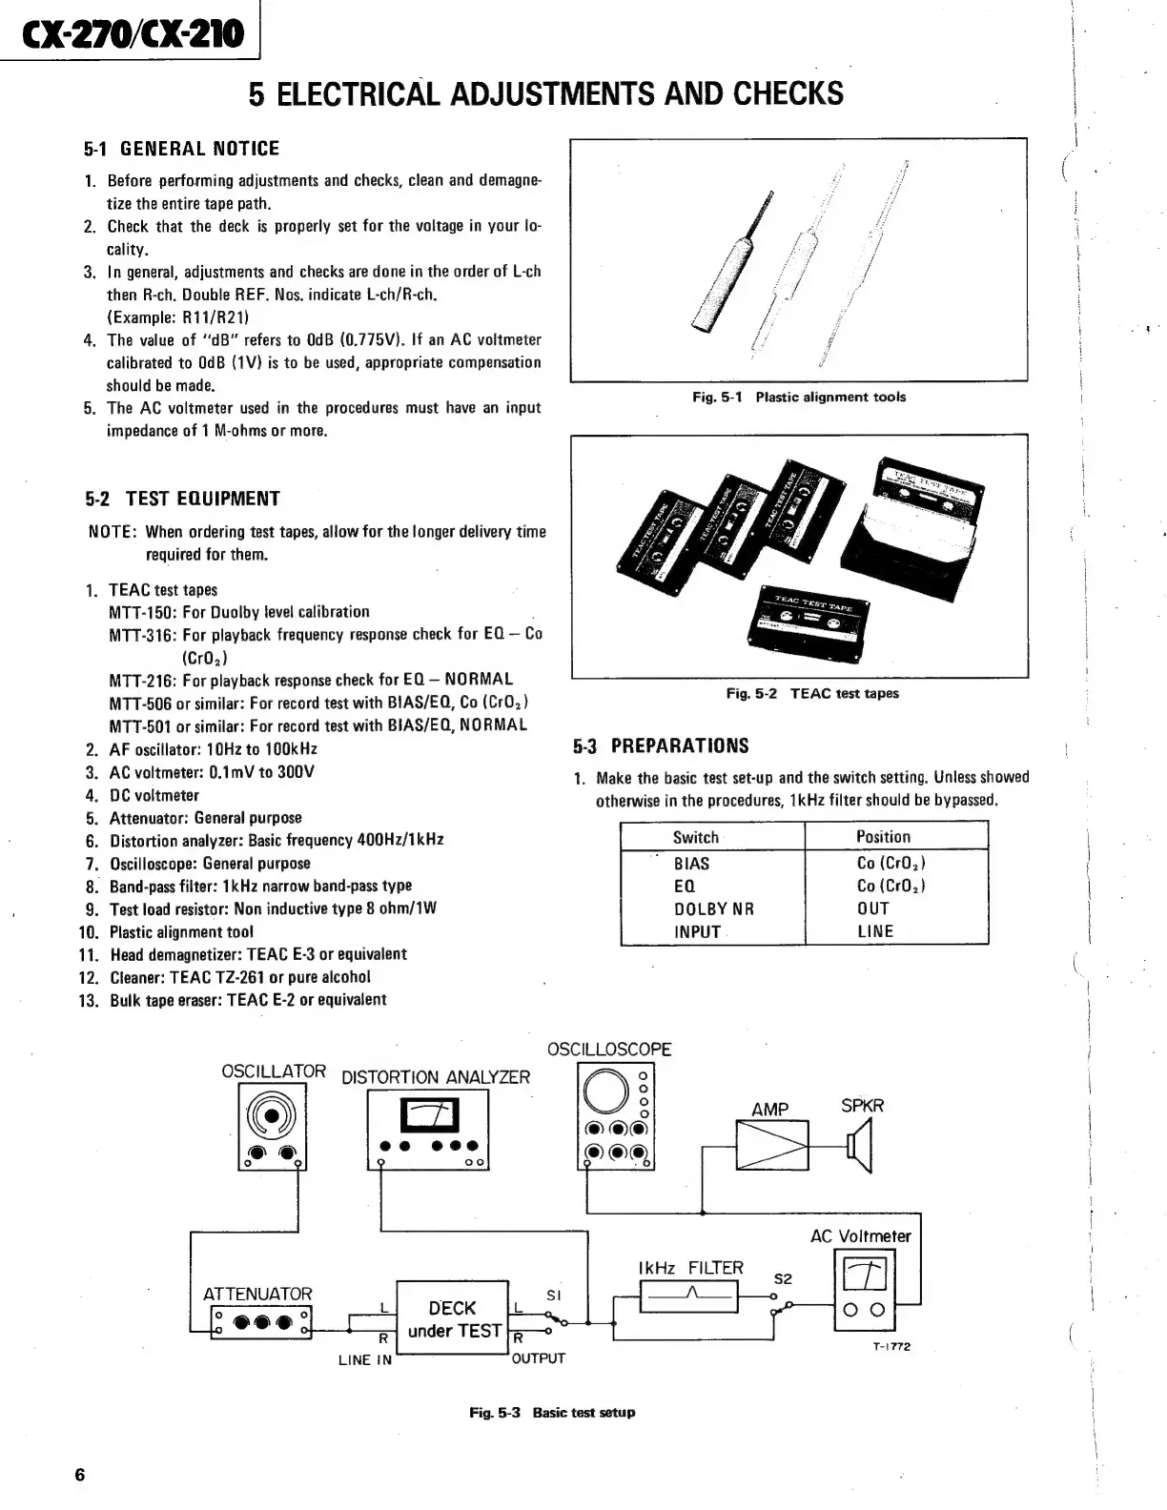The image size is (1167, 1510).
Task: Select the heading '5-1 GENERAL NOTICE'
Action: point(181,149)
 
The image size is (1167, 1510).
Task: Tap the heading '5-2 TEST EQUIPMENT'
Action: point(182,499)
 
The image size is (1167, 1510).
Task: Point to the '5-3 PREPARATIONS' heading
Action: point(661,745)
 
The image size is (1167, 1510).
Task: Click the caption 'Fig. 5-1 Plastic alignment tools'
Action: point(798,397)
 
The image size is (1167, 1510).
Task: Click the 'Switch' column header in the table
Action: point(695,837)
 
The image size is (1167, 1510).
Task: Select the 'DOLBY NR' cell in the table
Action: point(713,908)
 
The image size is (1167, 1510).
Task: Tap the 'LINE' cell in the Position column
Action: point(874,931)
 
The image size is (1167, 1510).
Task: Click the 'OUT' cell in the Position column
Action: point(872,908)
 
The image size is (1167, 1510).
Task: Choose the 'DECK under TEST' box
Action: point(452,1319)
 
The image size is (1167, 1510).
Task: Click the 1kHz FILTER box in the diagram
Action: point(689,1296)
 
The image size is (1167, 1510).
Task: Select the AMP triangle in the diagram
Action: point(771,1144)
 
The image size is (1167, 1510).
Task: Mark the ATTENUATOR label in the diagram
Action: point(257,1294)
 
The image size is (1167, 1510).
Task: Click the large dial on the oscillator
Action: point(273,1115)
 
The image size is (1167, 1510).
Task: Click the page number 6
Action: point(80,1475)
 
